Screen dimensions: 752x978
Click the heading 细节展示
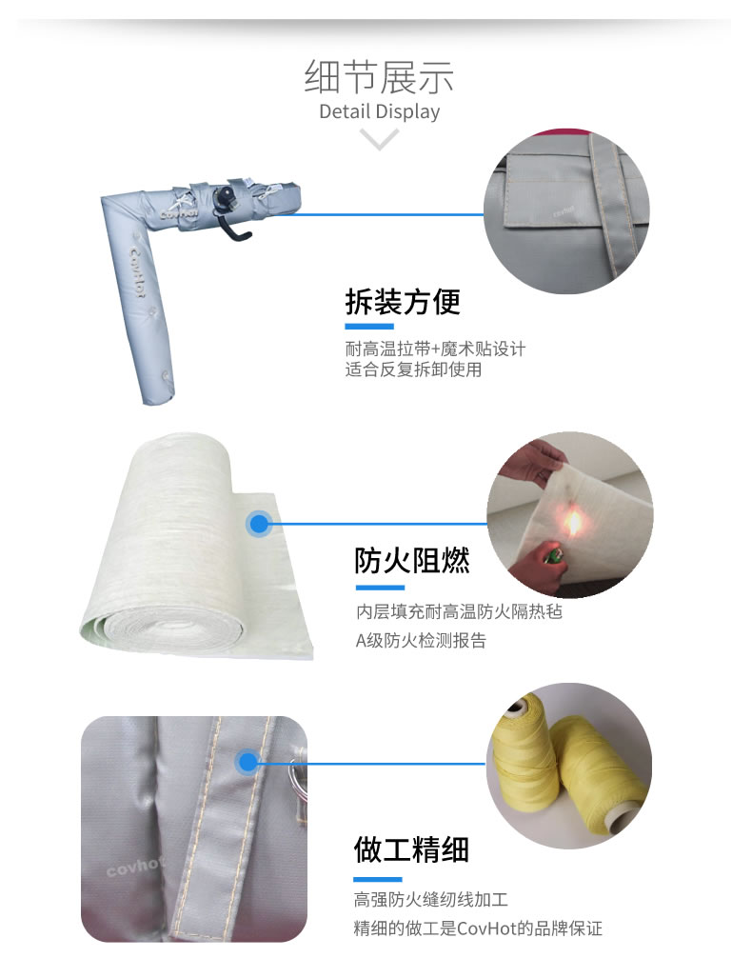coord(379,77)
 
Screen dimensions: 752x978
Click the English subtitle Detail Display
coord(379,111)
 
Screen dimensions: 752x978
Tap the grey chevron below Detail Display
coord(379,139)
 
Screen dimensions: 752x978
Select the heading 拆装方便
coord(403,302)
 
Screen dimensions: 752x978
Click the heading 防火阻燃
coord(411,560)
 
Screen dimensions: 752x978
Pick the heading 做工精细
coord(411,849)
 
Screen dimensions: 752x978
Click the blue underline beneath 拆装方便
coord(369,327)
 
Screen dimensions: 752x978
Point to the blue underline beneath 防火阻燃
coord(380,588)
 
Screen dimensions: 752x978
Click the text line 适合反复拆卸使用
coord(413,369)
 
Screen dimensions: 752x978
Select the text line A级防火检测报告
coord(421,641)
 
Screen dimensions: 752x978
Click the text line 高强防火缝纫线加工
coord(431,899)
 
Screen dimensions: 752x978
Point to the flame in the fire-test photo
coord(572,523)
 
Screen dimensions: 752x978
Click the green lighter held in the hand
coord(550,555)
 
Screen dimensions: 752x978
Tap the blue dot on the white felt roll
coord(259,524)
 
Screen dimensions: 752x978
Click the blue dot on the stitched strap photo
coord(247,762)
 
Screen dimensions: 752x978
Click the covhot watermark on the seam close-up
coord(134,867)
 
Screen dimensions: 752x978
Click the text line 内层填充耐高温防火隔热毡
coord(460,611)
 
